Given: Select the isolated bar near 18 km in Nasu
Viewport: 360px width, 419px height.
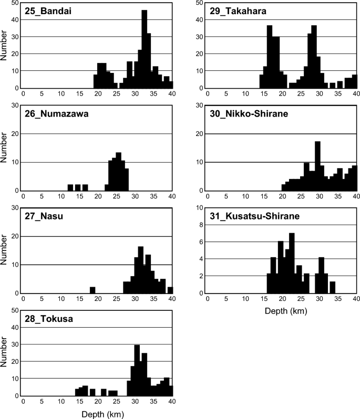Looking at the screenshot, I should coord(92,290).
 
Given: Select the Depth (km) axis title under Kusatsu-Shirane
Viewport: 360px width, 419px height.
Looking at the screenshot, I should coord(282,311).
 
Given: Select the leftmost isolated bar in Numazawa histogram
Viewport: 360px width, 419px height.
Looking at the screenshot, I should coord(70,187).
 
